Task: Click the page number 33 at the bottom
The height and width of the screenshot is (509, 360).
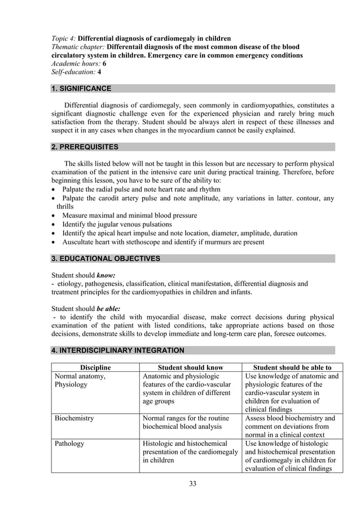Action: pos(193,484)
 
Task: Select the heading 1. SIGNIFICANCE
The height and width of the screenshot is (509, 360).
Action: pos(81,89)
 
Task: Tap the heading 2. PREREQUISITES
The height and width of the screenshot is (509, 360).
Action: pos(85,147)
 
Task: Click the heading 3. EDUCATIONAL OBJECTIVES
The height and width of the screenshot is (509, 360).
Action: pos(106,258)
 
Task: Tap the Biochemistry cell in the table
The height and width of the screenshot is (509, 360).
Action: pos(74,418)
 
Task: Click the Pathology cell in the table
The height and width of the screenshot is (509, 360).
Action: pos(69,444)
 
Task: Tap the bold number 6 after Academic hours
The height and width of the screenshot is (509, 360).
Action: pos(104,64)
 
